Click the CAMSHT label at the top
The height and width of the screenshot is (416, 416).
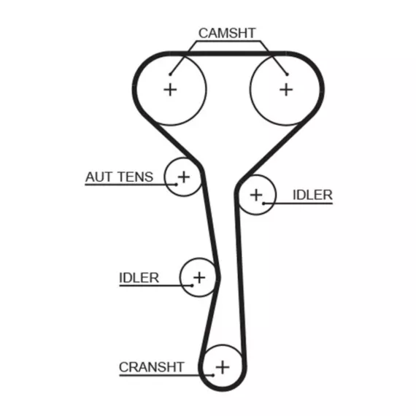(227, 33)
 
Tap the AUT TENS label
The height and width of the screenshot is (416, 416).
(120, 177)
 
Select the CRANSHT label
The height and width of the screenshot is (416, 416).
(152, 367)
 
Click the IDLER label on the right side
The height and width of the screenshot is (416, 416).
(312, 195)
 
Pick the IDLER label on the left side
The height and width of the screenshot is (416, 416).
(139, 278)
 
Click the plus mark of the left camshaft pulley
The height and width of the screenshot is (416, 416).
(170, 90)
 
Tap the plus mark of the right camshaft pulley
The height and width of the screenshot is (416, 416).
(286, 90)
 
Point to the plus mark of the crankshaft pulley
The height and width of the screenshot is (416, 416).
(223, 367)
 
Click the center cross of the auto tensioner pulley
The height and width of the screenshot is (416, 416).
(184, 177)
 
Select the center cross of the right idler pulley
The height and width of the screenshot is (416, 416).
(256, 196)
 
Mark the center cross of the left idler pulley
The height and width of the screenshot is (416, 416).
(199, 278)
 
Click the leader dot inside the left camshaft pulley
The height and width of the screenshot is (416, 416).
(170, 74)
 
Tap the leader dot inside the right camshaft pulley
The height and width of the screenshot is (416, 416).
(287, 74)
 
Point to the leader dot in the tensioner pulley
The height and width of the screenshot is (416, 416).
(177, 185)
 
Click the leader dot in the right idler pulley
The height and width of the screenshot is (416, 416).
(263, 204)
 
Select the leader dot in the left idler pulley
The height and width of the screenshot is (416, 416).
(192, 286)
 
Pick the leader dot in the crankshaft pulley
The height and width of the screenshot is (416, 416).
(213, 375)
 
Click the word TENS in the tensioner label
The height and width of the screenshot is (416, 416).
(135, 177)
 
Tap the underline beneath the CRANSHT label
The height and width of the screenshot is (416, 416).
(166, 375)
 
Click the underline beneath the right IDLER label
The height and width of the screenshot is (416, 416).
(298, 204)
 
